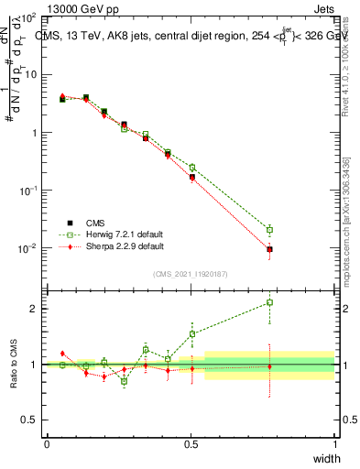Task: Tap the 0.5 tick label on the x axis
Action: pos(191,444)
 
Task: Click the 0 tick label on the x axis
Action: pos(48,444)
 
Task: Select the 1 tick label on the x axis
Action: pos(334,444)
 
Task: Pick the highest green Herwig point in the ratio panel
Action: pos(269,302)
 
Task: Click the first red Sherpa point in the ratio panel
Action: pos(62,353)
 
